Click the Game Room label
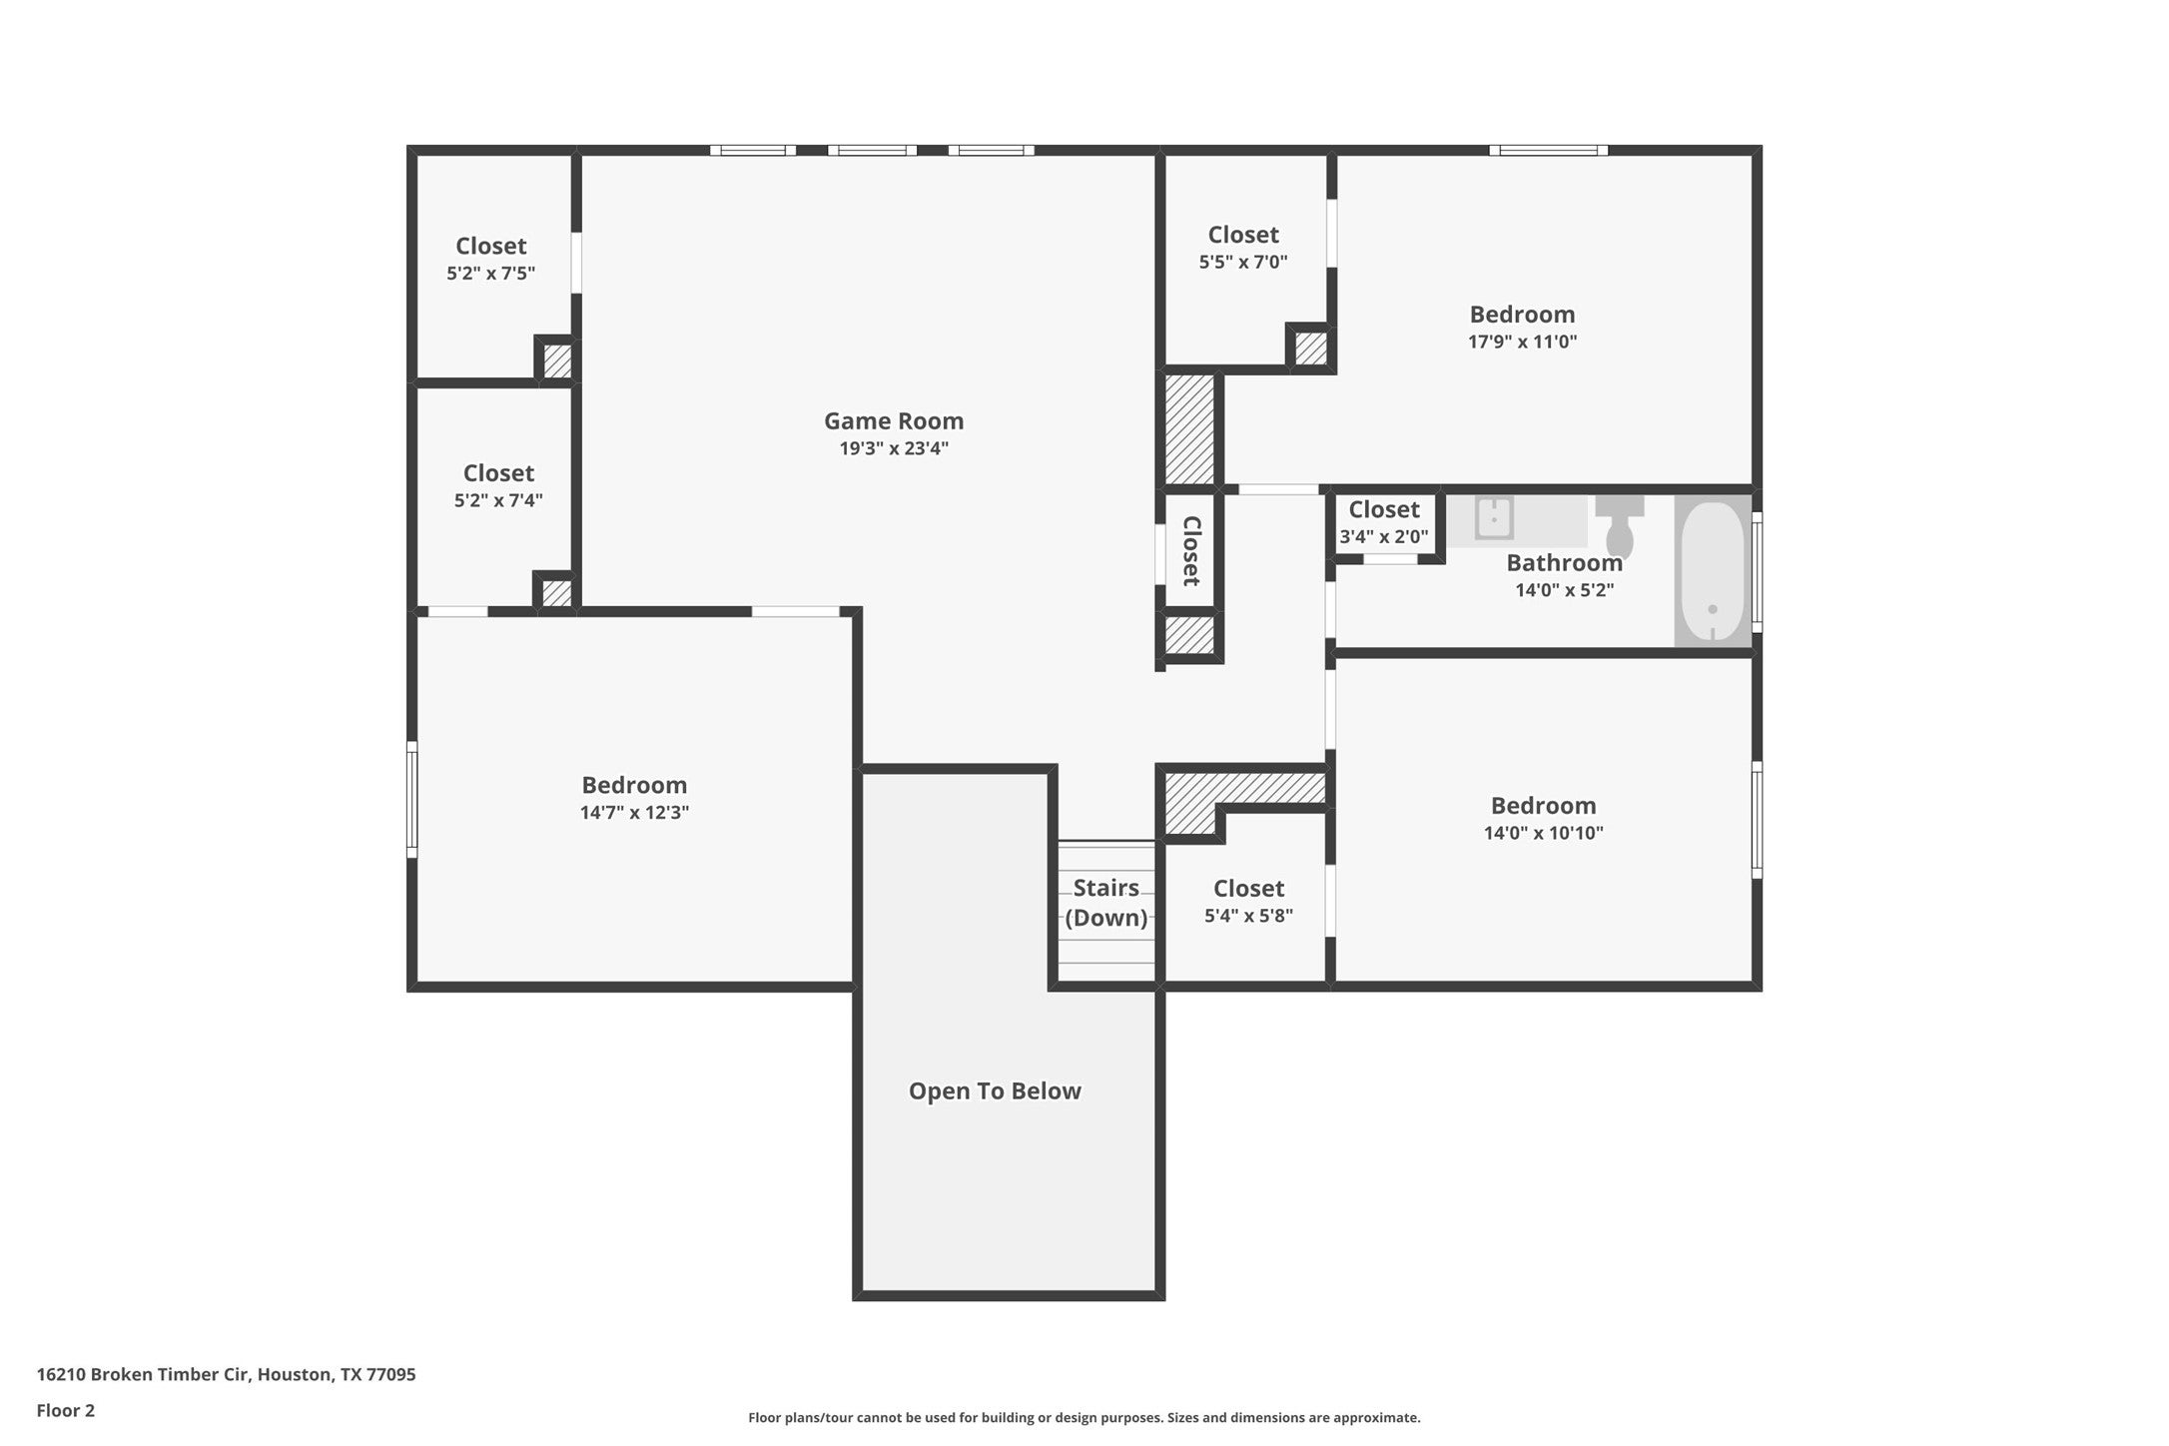click(894, 421)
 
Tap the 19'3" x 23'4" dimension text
click(894, 448)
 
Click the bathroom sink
click(1495, 519)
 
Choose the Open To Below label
click(995, 1090)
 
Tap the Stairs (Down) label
click(1106, 903)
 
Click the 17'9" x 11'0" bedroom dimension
click(1522, 342)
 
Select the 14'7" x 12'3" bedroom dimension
click(634, 813)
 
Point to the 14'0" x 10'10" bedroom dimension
click(1543, 833)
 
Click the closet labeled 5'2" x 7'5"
click(491, 259)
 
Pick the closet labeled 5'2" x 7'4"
click(498, 485)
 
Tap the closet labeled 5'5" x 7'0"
click(1243, 248)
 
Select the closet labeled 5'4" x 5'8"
click(1248, 902)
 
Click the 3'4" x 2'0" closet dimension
click(1384, 537)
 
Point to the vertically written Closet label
click(1190, 550)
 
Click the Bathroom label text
click(1564, 563)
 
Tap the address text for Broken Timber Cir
click(226, 1374)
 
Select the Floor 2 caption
click(66, 1411)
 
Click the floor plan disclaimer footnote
click(1084, 1417)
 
